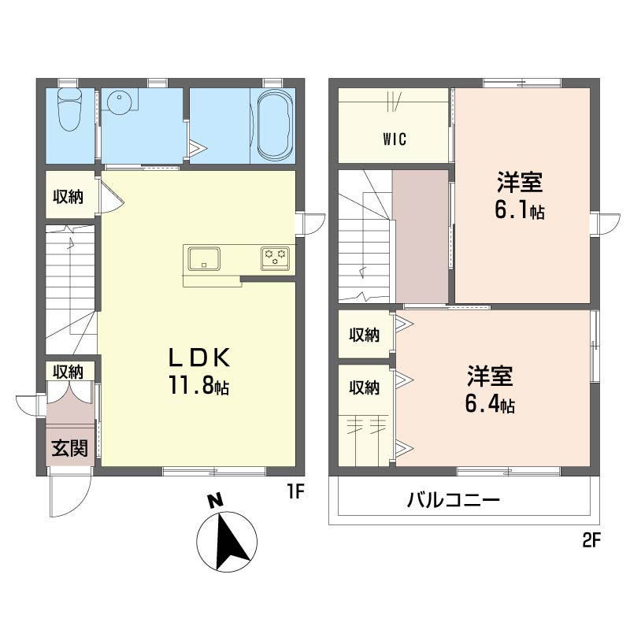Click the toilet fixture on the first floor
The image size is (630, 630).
70,109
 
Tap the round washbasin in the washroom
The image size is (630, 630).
120,102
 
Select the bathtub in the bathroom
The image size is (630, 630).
275,125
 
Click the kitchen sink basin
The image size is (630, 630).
204,259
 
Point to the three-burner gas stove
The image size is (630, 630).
275,258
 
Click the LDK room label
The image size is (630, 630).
199,358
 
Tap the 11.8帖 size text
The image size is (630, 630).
199,387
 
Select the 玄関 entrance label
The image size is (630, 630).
70,448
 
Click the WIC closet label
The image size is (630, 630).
395,139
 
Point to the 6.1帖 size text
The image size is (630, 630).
520,210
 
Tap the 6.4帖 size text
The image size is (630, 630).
490,404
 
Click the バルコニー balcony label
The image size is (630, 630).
454,501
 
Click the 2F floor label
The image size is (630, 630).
591,541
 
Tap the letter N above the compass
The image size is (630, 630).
215,501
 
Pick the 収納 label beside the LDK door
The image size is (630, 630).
69,197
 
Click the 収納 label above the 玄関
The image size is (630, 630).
69,372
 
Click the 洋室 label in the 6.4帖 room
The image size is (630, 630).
490,376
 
